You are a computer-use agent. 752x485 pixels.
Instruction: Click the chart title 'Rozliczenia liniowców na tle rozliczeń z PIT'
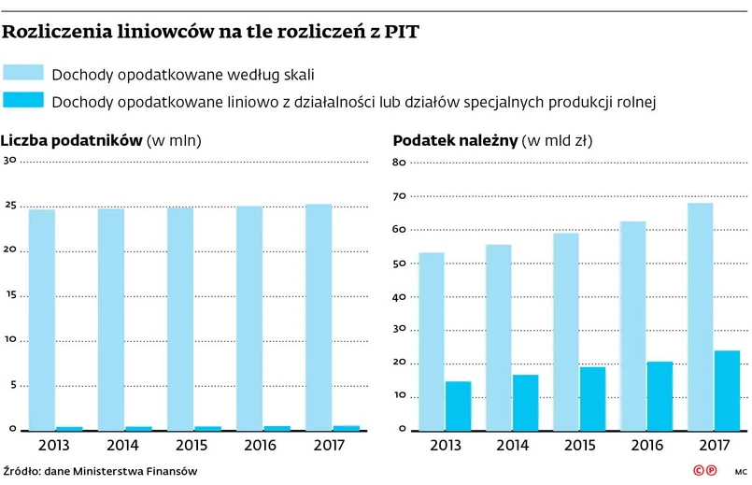211,33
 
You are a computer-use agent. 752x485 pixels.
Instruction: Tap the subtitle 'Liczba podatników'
71,141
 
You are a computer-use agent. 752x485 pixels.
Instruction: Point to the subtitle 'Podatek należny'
454,141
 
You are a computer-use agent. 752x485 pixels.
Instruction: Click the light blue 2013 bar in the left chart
42,319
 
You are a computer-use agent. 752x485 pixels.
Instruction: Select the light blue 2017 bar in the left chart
319,317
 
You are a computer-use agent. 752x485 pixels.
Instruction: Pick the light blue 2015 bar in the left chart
180,318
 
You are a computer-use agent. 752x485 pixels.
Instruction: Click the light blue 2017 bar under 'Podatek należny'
701,316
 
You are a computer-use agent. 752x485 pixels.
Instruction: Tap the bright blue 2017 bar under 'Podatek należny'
727,390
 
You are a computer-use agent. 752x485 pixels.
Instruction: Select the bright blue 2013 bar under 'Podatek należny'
458,405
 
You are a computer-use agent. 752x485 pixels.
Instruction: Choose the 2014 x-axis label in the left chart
111,445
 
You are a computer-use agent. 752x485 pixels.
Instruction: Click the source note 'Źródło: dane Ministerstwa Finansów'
100,471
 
